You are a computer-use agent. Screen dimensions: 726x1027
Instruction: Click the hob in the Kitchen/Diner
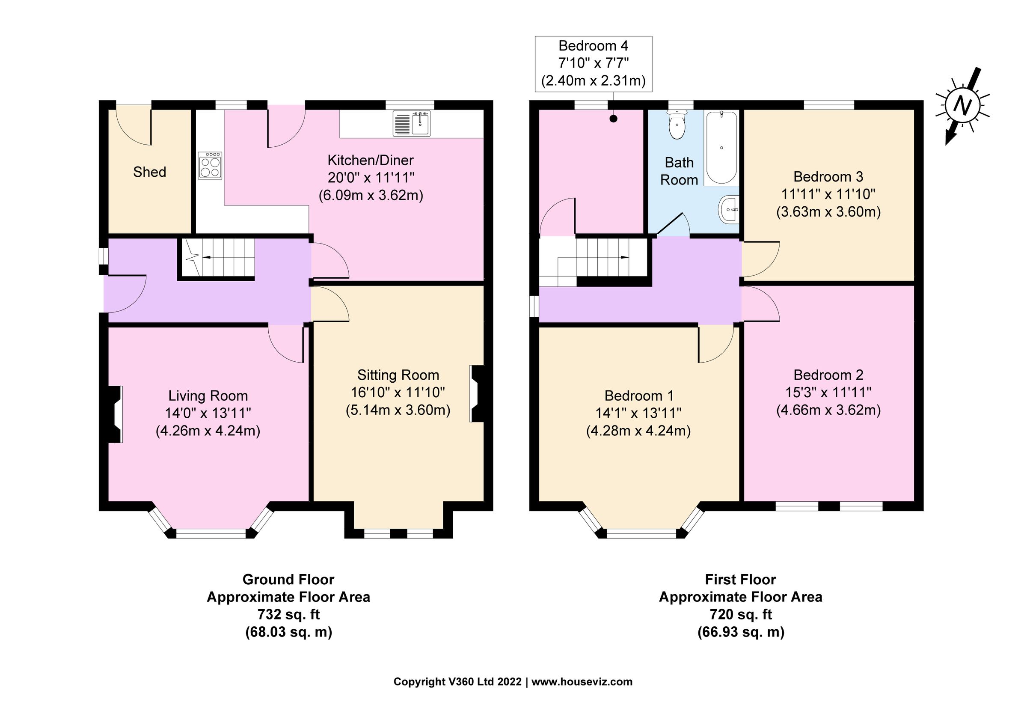tap(210, 166)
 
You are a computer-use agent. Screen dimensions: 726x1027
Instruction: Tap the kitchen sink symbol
tap(412, 123)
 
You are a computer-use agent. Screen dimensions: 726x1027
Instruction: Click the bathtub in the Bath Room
tap(721, 148)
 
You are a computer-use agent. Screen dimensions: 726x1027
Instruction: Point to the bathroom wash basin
tap(729, 209)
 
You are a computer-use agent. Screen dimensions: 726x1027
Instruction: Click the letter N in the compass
tap(962, 106)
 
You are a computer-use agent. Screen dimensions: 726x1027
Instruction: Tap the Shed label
tap(149, 172)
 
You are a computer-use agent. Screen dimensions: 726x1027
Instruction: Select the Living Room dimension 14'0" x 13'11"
tap(208, 413)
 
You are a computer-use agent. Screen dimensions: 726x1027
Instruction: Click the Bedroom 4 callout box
tap(593, 63)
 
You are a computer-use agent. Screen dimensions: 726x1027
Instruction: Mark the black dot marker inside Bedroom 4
tap(614, 119)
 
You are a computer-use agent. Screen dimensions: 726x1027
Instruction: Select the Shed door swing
tap(133, 126)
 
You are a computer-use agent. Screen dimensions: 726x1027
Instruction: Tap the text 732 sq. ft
tap(288, 615)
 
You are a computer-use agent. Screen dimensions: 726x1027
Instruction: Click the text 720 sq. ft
tap(740, 615)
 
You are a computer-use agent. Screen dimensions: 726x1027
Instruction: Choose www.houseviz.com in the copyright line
tap(582, 682)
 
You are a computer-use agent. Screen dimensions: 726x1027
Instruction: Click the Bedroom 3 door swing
tap(760, 259)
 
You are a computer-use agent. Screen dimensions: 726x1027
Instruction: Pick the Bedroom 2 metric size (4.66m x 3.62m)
tap(828, 410)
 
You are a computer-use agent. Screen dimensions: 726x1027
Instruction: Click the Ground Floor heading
tap(288, 579)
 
